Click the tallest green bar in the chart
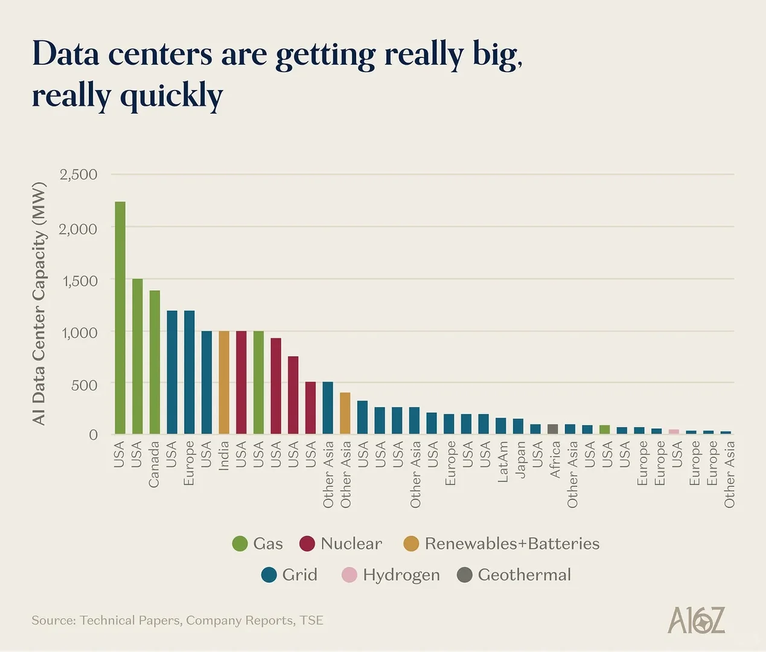point(120,318)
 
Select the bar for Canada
point(155,362)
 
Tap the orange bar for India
point(224,382)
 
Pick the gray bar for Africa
point(553,429)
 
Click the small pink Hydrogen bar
point(674,432)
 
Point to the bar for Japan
point(518,426)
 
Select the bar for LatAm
point(501,426)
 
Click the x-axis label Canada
point(155,464)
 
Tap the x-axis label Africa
point(555,459)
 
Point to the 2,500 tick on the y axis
point(78,174)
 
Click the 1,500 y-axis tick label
point(78,281)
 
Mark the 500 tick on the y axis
point(85,385)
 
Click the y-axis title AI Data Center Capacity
point(39,303)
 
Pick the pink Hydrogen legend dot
point(349,575)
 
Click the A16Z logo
point(696,621)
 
